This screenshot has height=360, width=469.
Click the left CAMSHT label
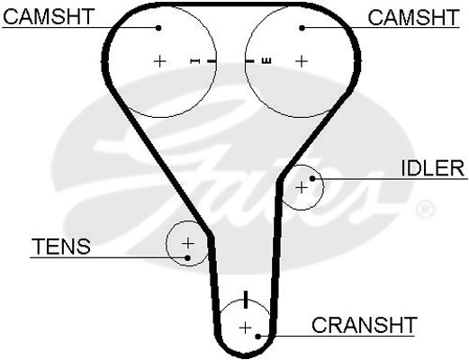click(49, 16)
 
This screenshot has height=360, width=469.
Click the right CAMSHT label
click(413, 17)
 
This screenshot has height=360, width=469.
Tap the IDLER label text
click(433, 168)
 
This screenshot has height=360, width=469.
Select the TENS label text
click(61, 246)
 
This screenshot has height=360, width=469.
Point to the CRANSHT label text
click(365, 324)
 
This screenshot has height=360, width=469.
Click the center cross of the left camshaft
click(160, 61)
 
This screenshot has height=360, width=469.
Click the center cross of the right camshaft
click(302, 61)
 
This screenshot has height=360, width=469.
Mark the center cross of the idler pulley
click(302, 188)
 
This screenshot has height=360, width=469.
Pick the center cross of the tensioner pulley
click(188, 243)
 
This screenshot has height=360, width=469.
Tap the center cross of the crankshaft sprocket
click(246, 328)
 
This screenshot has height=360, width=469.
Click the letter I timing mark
click(195, 61)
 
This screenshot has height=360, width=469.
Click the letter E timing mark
click(266, 61)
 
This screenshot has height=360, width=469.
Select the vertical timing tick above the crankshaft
click(246, 299)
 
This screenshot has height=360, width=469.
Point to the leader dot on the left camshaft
click(158, 28)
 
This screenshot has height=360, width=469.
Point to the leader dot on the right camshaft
click(302, 28)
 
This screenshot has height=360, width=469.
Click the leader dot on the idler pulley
click(312, 178)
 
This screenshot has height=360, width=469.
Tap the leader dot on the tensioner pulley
click(188, 257)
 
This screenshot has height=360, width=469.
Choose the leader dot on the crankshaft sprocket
click(257, 337)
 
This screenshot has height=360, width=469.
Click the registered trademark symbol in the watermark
click(425, 209)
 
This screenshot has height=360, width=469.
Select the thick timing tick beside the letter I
click(212, 61)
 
